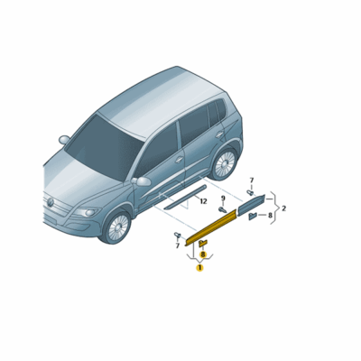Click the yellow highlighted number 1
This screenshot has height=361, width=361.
199,267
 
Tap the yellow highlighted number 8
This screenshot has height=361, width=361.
203,255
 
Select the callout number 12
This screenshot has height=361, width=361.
203,201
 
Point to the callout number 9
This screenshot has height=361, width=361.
222,197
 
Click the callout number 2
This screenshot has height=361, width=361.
283,208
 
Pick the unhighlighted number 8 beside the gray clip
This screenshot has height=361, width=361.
269,216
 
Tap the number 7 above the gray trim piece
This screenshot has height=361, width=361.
252,180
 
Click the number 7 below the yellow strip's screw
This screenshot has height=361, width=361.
178,245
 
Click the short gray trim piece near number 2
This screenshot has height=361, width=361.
252,202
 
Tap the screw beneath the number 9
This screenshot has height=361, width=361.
222,208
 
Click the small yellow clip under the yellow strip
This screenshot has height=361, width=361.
203,244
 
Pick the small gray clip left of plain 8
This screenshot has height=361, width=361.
252,216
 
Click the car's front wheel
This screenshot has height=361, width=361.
116,227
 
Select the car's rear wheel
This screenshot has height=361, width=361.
223,162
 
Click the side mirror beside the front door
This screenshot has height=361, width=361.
142,181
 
